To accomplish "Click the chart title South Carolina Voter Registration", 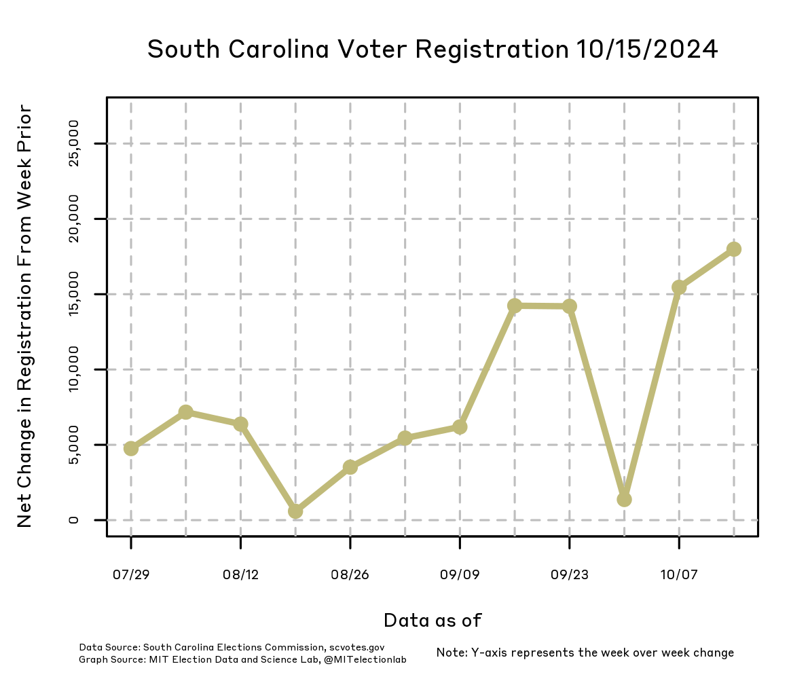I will pyautogui.click(x=433, y=50).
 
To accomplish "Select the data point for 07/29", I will pyautogui.click(x=131, y=448).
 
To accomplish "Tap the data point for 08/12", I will pyautogui.click(x=240, y=424).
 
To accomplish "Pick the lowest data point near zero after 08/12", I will pyautogui.click(x=295, y=511).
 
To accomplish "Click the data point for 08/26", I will pyautogui.click(x=350, y=466).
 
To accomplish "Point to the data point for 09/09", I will pyautogui.click(x=460, y=426).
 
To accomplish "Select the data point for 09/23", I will pyautogui.click(x=569, y=306).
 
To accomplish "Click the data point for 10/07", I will pyautogui.click(x=679, y=287).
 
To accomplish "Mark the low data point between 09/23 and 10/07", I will pyautogui.click(x=624, y=499).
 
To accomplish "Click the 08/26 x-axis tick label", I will pyautogui.click(x=350, y=575).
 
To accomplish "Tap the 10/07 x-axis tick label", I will pyautogui.click(x=679, y=575).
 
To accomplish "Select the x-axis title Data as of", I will pyautogui.click(x=433, y=620).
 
